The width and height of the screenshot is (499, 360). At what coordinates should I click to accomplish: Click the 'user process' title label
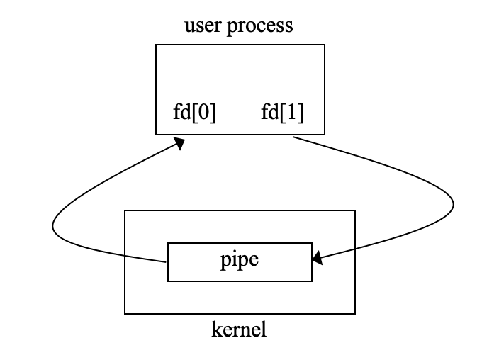(x=238, y=26)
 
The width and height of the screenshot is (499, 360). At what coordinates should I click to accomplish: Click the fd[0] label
(x=194, y=113)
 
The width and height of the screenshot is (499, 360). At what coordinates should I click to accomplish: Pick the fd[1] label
(x=282, y=113)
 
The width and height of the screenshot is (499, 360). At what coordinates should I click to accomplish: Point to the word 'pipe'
(x=240, y=260)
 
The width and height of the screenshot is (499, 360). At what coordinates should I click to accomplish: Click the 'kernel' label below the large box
(x=239, y=330)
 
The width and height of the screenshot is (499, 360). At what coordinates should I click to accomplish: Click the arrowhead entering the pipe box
(x=318, y=260)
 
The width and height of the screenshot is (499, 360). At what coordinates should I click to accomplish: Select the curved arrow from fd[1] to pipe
(x=425, y=184)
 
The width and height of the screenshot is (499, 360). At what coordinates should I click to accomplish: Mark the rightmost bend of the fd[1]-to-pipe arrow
(x=453, y=205)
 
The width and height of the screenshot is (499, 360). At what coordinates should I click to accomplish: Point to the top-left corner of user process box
(x=156, y=45)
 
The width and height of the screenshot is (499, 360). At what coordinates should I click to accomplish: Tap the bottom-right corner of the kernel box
(x=354, y=313)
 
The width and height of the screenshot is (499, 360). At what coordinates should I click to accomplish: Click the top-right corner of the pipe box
(x=312, y=243)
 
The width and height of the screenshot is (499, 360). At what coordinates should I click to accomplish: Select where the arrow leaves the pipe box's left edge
(x=168, y=261)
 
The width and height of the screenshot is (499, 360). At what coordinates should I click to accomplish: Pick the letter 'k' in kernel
(x=215, y=330)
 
